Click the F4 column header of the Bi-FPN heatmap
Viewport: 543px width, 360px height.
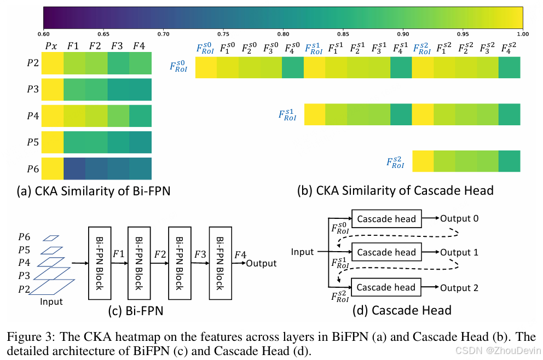139,47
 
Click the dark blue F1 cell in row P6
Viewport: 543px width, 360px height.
74,169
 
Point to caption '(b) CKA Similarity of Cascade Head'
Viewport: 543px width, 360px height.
395,190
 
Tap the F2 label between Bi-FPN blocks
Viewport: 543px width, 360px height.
160,254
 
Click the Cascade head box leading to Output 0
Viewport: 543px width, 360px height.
386,219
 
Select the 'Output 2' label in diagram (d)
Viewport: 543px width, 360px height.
459,288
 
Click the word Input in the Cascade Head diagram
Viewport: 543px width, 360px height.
303,252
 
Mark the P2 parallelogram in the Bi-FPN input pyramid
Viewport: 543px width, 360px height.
53,286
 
